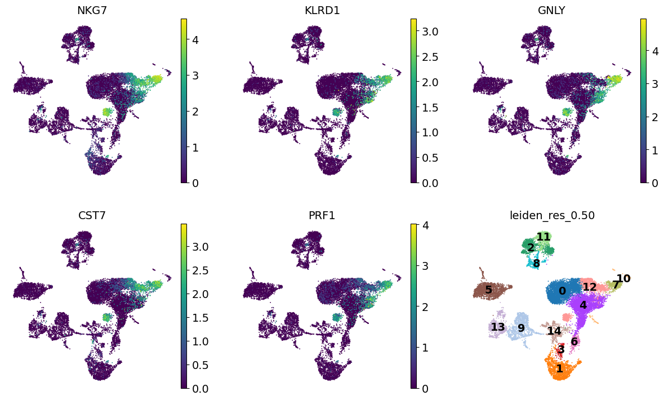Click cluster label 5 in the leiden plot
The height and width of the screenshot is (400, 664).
tap(488, 290)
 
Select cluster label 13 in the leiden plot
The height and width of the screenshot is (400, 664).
tap(498, 327)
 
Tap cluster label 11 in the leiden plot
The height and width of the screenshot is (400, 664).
tap(543, 237)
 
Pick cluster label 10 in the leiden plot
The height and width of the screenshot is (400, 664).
tap(623, 278)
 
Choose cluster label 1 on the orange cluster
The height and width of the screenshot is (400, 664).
tap(559, 368)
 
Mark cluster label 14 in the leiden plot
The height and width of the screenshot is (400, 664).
tap(554, 331)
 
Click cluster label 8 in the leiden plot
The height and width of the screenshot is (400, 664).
tap(536, 264)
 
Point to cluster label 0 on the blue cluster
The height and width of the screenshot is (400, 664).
tap(562, 291)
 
